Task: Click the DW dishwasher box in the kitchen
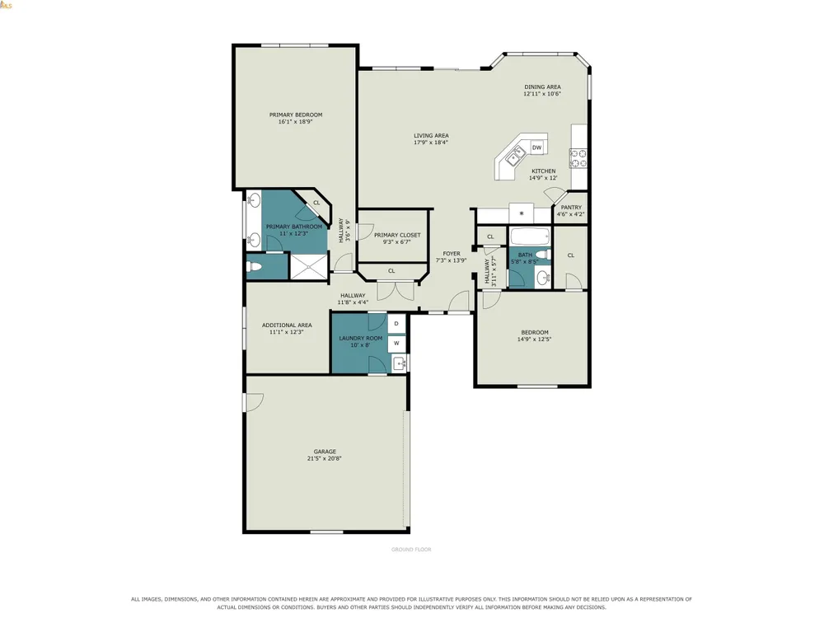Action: click(536, 147)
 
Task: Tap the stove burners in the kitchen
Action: click(578, 158)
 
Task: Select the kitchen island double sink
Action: click(515, 156)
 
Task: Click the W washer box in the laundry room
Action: click(397, 344)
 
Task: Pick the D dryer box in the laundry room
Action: click(397, 324)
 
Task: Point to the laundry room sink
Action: click(399, 363)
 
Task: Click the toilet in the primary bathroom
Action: click(254, 267)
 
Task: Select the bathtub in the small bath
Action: click(530, 236)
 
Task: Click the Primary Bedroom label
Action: click(296, 115)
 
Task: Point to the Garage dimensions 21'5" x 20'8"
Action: click(325, 458)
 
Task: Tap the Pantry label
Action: click(571, 208)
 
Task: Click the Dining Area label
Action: click(542, 87)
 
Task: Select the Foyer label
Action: click(452, 253)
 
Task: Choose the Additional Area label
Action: click(287, 325)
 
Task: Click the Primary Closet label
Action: click(397, 236)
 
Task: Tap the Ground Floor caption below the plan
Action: click(411, 550)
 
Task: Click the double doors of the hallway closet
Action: click(396, 291)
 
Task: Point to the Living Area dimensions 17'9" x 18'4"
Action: click(431, 143)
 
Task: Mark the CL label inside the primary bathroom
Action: click(316, 203)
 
